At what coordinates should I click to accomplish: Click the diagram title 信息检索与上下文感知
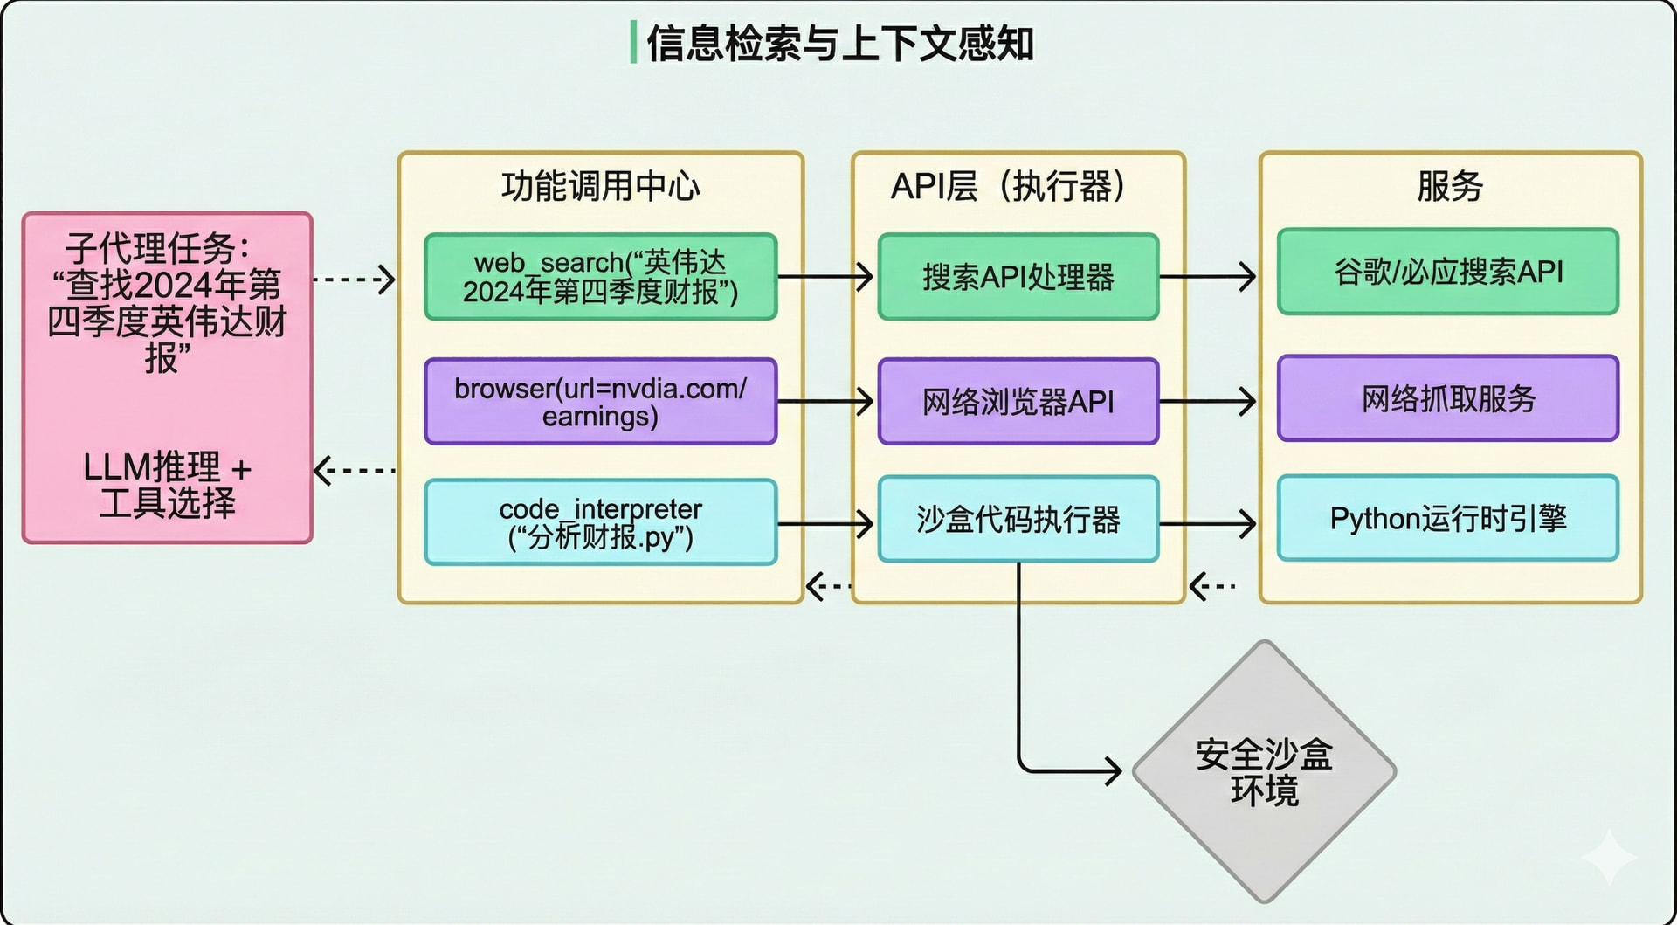[840, 43]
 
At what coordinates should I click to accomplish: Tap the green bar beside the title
[633, 43]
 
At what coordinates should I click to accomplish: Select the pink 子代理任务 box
[168, 377]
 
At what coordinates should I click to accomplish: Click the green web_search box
[601, 276]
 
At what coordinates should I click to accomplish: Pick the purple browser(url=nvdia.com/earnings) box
[601, 402]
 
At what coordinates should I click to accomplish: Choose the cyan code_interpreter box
[601, 522]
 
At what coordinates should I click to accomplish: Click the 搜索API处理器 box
[1018, 276]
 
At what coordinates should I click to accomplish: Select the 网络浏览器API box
[1018, 402]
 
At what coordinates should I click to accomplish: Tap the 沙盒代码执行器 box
[1018, 519]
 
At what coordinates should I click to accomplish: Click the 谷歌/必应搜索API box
[1448, 272]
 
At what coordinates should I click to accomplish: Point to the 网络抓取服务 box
[1448, 398]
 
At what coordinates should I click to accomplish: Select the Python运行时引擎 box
[1448, 518]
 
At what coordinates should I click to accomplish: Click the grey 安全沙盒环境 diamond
[1264, 772]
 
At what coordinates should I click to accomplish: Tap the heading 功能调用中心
[601, 186]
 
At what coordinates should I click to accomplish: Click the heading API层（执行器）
[1009, 186]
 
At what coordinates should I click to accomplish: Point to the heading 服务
[1450, 186]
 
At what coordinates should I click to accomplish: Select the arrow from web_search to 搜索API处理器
[825, 277]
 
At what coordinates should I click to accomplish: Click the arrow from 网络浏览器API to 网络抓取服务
[1208, 402]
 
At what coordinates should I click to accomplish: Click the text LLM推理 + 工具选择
[168, 485]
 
